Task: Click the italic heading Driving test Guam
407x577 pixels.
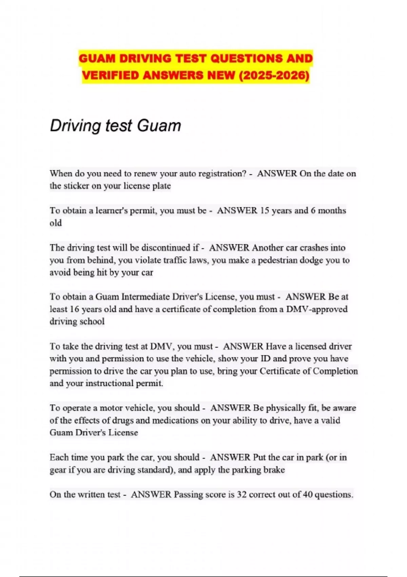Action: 115,126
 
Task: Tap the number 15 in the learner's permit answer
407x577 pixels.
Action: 264,210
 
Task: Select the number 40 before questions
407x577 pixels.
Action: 308,495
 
